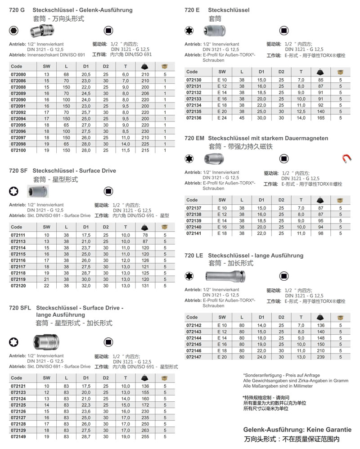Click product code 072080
pos(18,74)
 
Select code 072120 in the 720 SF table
pos(18,285)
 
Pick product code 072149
pos(18,436)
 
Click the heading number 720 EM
pos(194,138)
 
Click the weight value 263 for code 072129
pos(145,430)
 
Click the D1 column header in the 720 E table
pos(261,72)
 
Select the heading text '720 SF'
pos(18,171)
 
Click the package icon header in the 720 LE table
pos(340,317)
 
